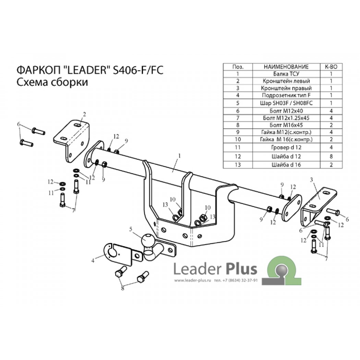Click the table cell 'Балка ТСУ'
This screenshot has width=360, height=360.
(286, 74)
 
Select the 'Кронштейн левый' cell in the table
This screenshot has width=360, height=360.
(286, 81)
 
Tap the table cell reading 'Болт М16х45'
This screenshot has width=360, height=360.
(286, 125)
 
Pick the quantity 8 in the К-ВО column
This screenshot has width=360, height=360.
(331, 157)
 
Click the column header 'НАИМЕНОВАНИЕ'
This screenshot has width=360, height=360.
(286, 67)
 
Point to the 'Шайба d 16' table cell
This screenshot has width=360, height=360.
(286, 165)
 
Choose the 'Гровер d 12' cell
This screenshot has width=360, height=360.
(286, 147)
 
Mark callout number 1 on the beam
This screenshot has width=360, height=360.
(179, 156)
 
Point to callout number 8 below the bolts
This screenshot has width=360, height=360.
(122, 288)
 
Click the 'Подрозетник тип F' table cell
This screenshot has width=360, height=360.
(286, 95)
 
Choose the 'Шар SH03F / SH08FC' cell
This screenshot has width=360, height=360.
(286, 103)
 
